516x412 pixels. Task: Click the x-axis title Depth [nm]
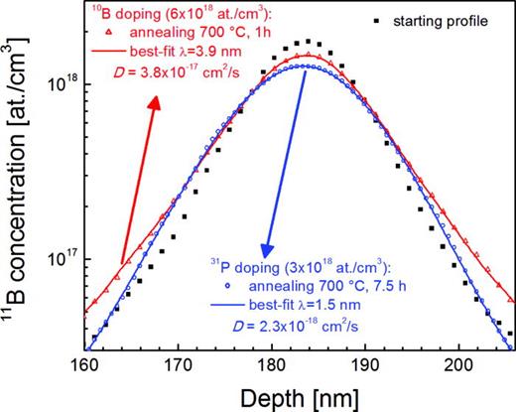coord(298,396)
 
